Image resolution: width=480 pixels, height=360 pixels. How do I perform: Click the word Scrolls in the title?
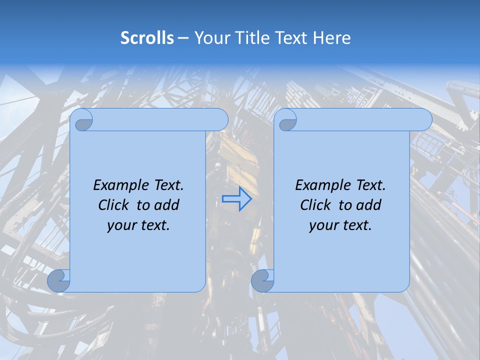click(147, 38)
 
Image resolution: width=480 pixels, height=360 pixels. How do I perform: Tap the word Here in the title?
click(331, 38)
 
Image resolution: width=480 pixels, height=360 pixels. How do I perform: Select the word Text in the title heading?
click(291, 38)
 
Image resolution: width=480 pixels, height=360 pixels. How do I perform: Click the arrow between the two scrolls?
click(236, 199)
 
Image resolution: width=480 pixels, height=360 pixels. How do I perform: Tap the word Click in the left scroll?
click(112, 205)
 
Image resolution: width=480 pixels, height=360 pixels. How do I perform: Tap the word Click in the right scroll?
click(314, 205)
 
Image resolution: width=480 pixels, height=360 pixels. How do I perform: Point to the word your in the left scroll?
click(119, 225)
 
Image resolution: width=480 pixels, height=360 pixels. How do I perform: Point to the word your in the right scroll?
click(321, 225)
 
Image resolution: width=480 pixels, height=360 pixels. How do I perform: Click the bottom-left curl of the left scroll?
click(58, 280)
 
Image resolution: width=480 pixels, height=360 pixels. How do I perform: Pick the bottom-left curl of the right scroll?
click(261, 280)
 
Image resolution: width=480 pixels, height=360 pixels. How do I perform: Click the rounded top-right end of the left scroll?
click(220, 120)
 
